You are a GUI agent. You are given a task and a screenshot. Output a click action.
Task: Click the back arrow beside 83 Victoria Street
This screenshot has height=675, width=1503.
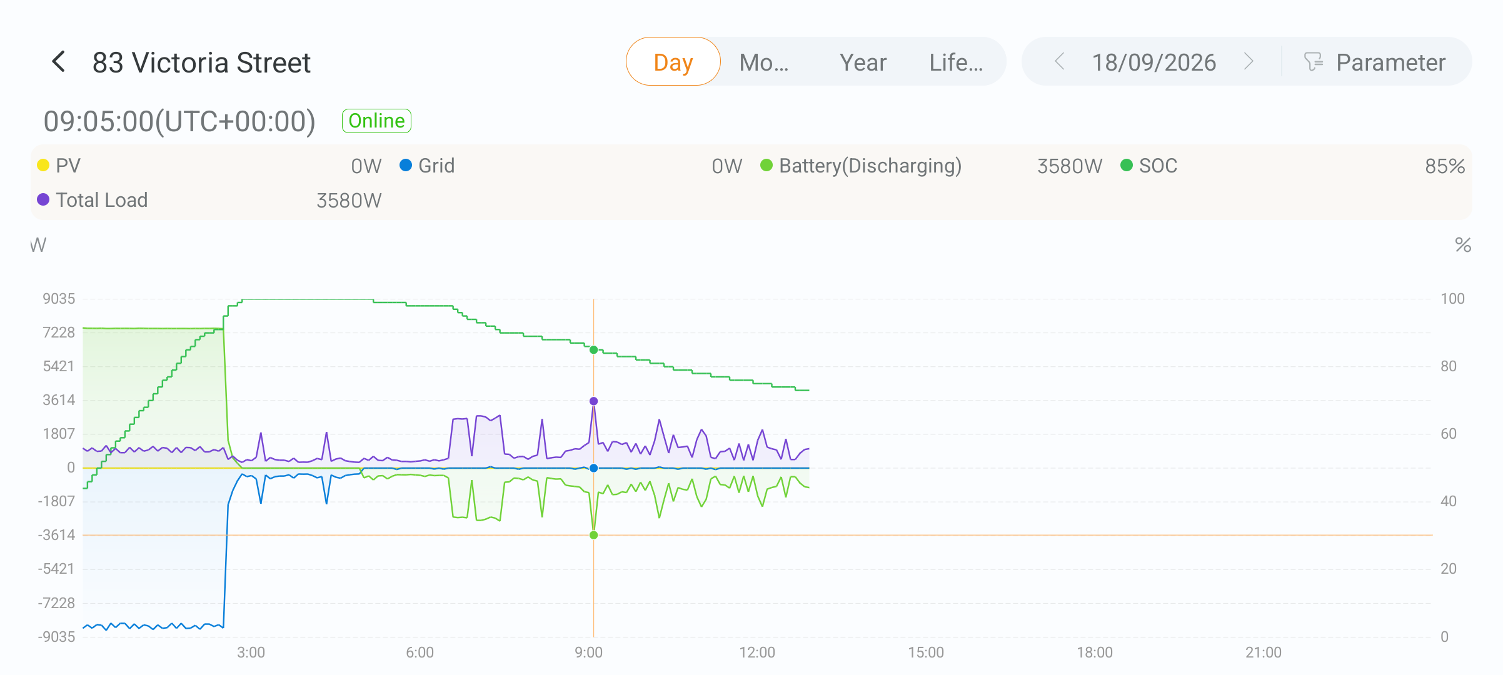pos(59,62)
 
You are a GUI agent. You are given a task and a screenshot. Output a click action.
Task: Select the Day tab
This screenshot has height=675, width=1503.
pos(673,62)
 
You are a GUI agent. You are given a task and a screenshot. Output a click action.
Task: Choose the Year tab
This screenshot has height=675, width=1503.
pos(863,62)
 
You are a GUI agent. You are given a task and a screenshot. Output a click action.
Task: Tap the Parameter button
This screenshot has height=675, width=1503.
pos(1375,62)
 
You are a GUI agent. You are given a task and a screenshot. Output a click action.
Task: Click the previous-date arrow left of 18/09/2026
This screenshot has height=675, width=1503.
pos(1060,62)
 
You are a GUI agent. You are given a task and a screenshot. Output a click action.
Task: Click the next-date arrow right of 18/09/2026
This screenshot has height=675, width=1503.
pos(1249,62)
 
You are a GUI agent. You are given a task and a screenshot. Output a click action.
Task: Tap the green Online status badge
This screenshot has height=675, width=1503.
pos(376,121)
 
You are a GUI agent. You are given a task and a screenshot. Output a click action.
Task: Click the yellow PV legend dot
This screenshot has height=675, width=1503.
pos(43,166)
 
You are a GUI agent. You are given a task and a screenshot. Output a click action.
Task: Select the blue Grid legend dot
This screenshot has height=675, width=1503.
pos(406,166)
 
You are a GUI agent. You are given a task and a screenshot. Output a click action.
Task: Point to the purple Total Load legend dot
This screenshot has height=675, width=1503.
pos(43,200)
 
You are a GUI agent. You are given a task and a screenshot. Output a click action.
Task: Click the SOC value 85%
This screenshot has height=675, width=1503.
pos(1445,166)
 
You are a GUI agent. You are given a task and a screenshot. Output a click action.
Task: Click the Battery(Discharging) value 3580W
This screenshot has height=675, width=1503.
pos(1070,166)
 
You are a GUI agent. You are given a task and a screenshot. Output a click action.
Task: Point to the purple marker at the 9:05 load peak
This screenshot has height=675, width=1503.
pos(594,401)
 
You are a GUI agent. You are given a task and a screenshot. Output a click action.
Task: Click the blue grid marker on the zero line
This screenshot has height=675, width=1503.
pos(594,468)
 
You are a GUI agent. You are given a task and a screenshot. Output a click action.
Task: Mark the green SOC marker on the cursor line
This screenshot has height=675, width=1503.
pos(594,350)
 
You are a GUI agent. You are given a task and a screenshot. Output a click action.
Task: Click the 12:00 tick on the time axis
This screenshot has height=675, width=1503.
pos(757,652)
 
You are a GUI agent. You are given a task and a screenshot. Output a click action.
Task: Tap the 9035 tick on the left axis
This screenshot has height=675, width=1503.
pos(59,299)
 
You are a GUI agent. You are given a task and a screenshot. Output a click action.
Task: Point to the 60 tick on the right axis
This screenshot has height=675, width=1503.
pos(1449,434)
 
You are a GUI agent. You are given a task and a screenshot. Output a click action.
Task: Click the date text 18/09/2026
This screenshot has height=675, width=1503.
pos(1154,62)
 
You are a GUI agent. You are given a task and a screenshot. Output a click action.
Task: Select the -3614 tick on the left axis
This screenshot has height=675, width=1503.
pos(56,535)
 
